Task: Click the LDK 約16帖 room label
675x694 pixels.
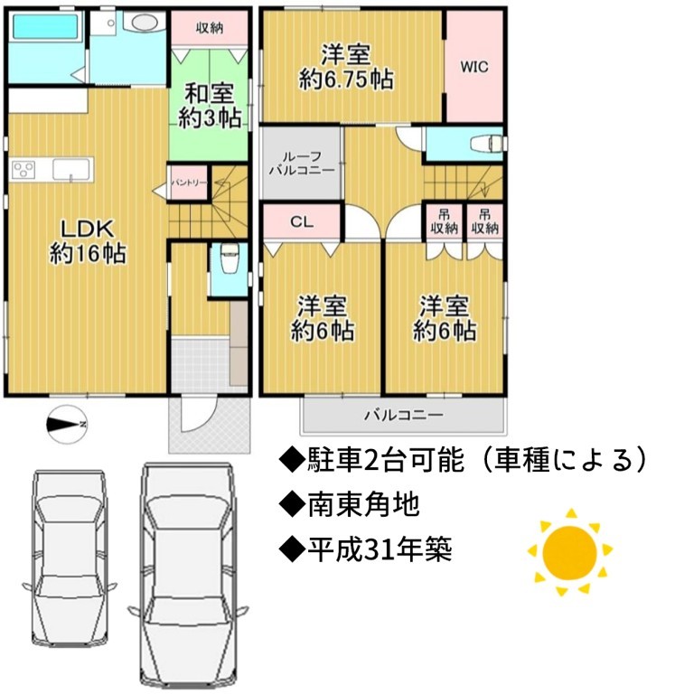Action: coord(88,241)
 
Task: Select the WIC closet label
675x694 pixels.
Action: coord(474,67)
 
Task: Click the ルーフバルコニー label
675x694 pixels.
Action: coord(302,164)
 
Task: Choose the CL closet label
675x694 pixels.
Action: coord(302,221)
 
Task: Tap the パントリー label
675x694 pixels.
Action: coord(189,183)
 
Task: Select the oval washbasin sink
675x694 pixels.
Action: coord(144,23)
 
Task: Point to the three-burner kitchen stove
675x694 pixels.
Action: coord(23,170)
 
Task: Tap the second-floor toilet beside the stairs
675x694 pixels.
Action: coord(486,144)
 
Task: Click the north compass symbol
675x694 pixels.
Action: coord(67,424)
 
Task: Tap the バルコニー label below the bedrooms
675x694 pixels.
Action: coord(404,415)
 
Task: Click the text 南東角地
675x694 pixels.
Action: coord(363,505)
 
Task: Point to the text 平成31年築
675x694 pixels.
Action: coord(380,549)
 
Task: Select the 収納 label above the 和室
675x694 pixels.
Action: coord(210,28)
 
